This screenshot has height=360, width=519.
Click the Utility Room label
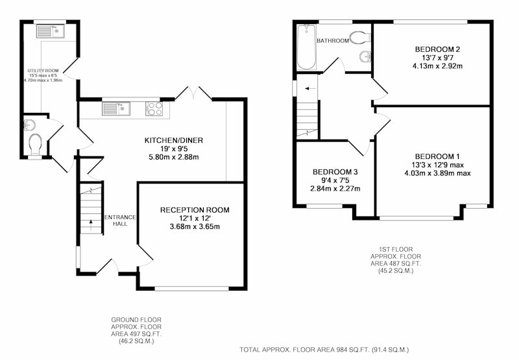click(x=43, y=71)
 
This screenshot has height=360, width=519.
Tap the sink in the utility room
click(x=51, y=31)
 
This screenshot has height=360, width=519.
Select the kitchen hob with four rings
click(x=154, y=109)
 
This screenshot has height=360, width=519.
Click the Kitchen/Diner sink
click(x=116, y=109)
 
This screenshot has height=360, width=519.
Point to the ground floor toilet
click(x=35, y=145)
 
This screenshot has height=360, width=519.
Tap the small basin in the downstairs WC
click(x=29, y=125)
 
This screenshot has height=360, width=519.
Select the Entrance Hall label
click(x=120, y=221)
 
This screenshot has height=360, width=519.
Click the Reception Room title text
click(x=195, y=210)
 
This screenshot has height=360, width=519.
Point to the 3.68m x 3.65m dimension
click(x=195, y=226)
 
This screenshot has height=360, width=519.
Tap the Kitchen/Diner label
click(x=174, y=140)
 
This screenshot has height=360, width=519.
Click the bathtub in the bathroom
click(x=306, y=47)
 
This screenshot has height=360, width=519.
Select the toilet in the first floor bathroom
click(x=360, y=37)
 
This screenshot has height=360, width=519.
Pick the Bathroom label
click(x=333, y=41)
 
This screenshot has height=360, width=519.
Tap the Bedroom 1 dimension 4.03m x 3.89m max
click(x=437, y=173)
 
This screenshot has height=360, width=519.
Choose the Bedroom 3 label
click(x=335, y=172)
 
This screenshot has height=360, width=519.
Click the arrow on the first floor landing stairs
click(x=310, y=89)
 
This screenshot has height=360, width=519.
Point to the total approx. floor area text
click(x=324, y=350)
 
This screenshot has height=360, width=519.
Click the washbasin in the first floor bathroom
click(x=365, y=56)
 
